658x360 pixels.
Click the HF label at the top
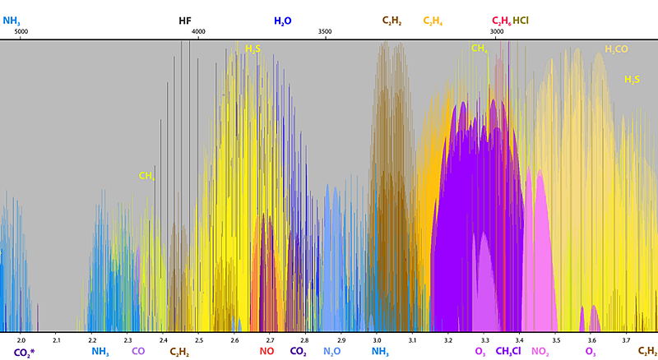point(185,21)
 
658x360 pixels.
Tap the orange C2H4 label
point(432,21)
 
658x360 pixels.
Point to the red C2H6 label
point(501,21)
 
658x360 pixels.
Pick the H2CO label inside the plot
point(616,49)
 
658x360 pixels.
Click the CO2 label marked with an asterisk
point(25,353)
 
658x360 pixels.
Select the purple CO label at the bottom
point(138,352)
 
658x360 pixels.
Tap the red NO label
point(267,352)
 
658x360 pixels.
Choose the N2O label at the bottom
point(331,352)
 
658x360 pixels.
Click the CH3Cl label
point(507,352)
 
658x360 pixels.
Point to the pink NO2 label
point(540,352)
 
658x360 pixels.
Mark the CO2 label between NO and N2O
point(298,352)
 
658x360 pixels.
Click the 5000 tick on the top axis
point(21,32)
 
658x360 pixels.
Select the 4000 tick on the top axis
point(197,32)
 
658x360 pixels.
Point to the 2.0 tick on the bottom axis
point(21,339)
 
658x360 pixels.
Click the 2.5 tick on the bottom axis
point(198,339)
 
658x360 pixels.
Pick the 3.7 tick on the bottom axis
point(625,339)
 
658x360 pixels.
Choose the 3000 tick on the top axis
point(496,32)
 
